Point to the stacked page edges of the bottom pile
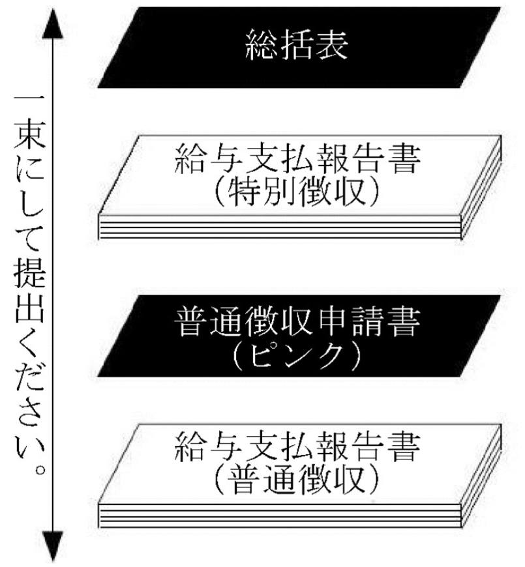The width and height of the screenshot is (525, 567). (280, 518)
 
